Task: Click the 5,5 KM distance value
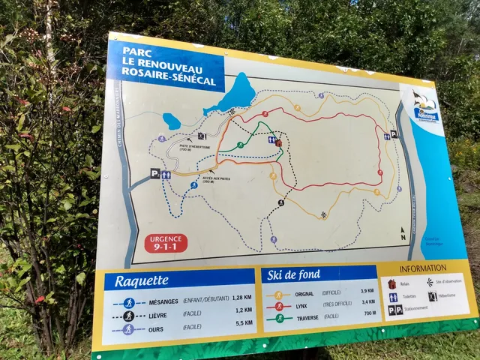(241, 323)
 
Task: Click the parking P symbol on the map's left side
(154, 173)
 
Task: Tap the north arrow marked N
(403, 233)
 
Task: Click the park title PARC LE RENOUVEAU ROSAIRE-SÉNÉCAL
(165, 64)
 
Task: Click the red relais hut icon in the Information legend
(392, 283)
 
